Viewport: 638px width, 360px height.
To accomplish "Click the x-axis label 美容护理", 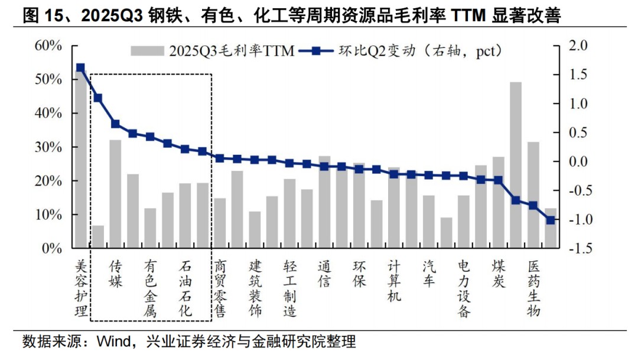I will tap(81, 287).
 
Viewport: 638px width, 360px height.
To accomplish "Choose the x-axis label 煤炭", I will tap(498, 274).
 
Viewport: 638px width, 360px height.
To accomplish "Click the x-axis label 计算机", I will tap(394, 281).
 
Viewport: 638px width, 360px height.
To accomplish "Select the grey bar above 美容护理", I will tap(81, 160).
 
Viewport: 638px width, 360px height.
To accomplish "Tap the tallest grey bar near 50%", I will tap(516, 166).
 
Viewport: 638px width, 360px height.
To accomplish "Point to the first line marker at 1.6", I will tap(81, 68).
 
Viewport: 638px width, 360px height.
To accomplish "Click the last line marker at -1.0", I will tap(550, 220).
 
